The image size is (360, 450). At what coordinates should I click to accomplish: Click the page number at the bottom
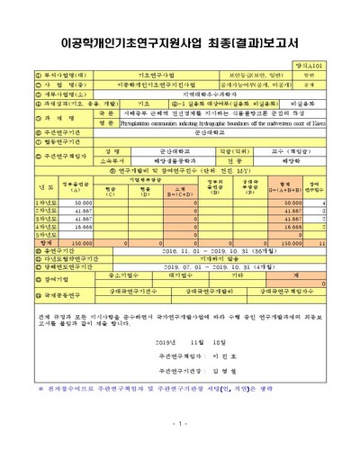(x=179, y=423)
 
